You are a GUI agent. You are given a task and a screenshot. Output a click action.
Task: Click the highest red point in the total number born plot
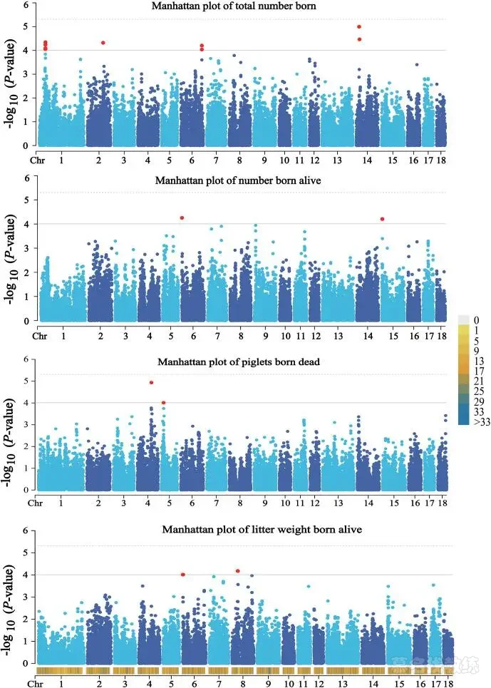coord(359,27)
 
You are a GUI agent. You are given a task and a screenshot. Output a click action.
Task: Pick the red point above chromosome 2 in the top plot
coord(103,43)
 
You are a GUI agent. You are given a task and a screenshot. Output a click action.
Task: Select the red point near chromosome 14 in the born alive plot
coord(383,219)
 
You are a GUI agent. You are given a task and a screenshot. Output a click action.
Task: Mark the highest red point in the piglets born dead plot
coord(151,383)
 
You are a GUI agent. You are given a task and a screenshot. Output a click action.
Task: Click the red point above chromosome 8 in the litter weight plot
coord(237,570)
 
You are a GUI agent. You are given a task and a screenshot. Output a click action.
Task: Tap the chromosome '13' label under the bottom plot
coord(343,684)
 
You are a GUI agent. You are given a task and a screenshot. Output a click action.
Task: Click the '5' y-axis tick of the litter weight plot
coord(25,553)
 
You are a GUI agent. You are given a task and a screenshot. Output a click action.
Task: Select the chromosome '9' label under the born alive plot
coord(264,334)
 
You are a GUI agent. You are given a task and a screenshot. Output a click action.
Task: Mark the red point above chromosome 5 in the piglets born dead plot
coord(164,403)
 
